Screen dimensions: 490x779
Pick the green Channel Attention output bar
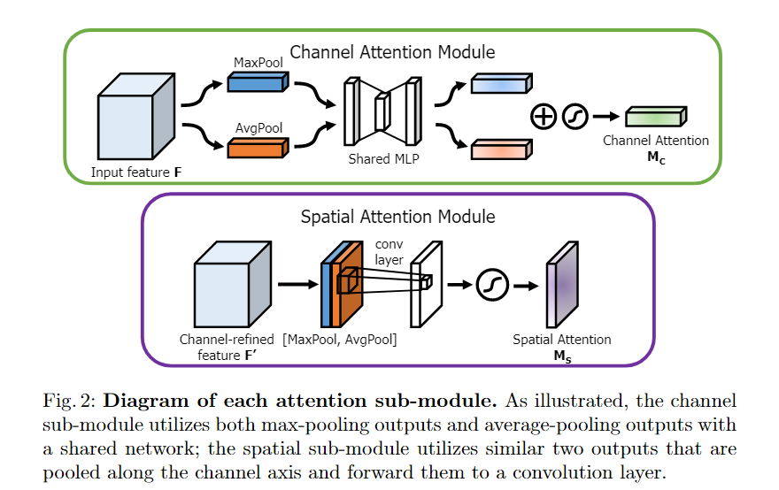pyautogui.click(x=655, y=116)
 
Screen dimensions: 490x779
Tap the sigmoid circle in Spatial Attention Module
pyautogui.click(x=490, y=285)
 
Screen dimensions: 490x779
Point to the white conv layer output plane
pyautogui.click(x=427, y=285)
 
